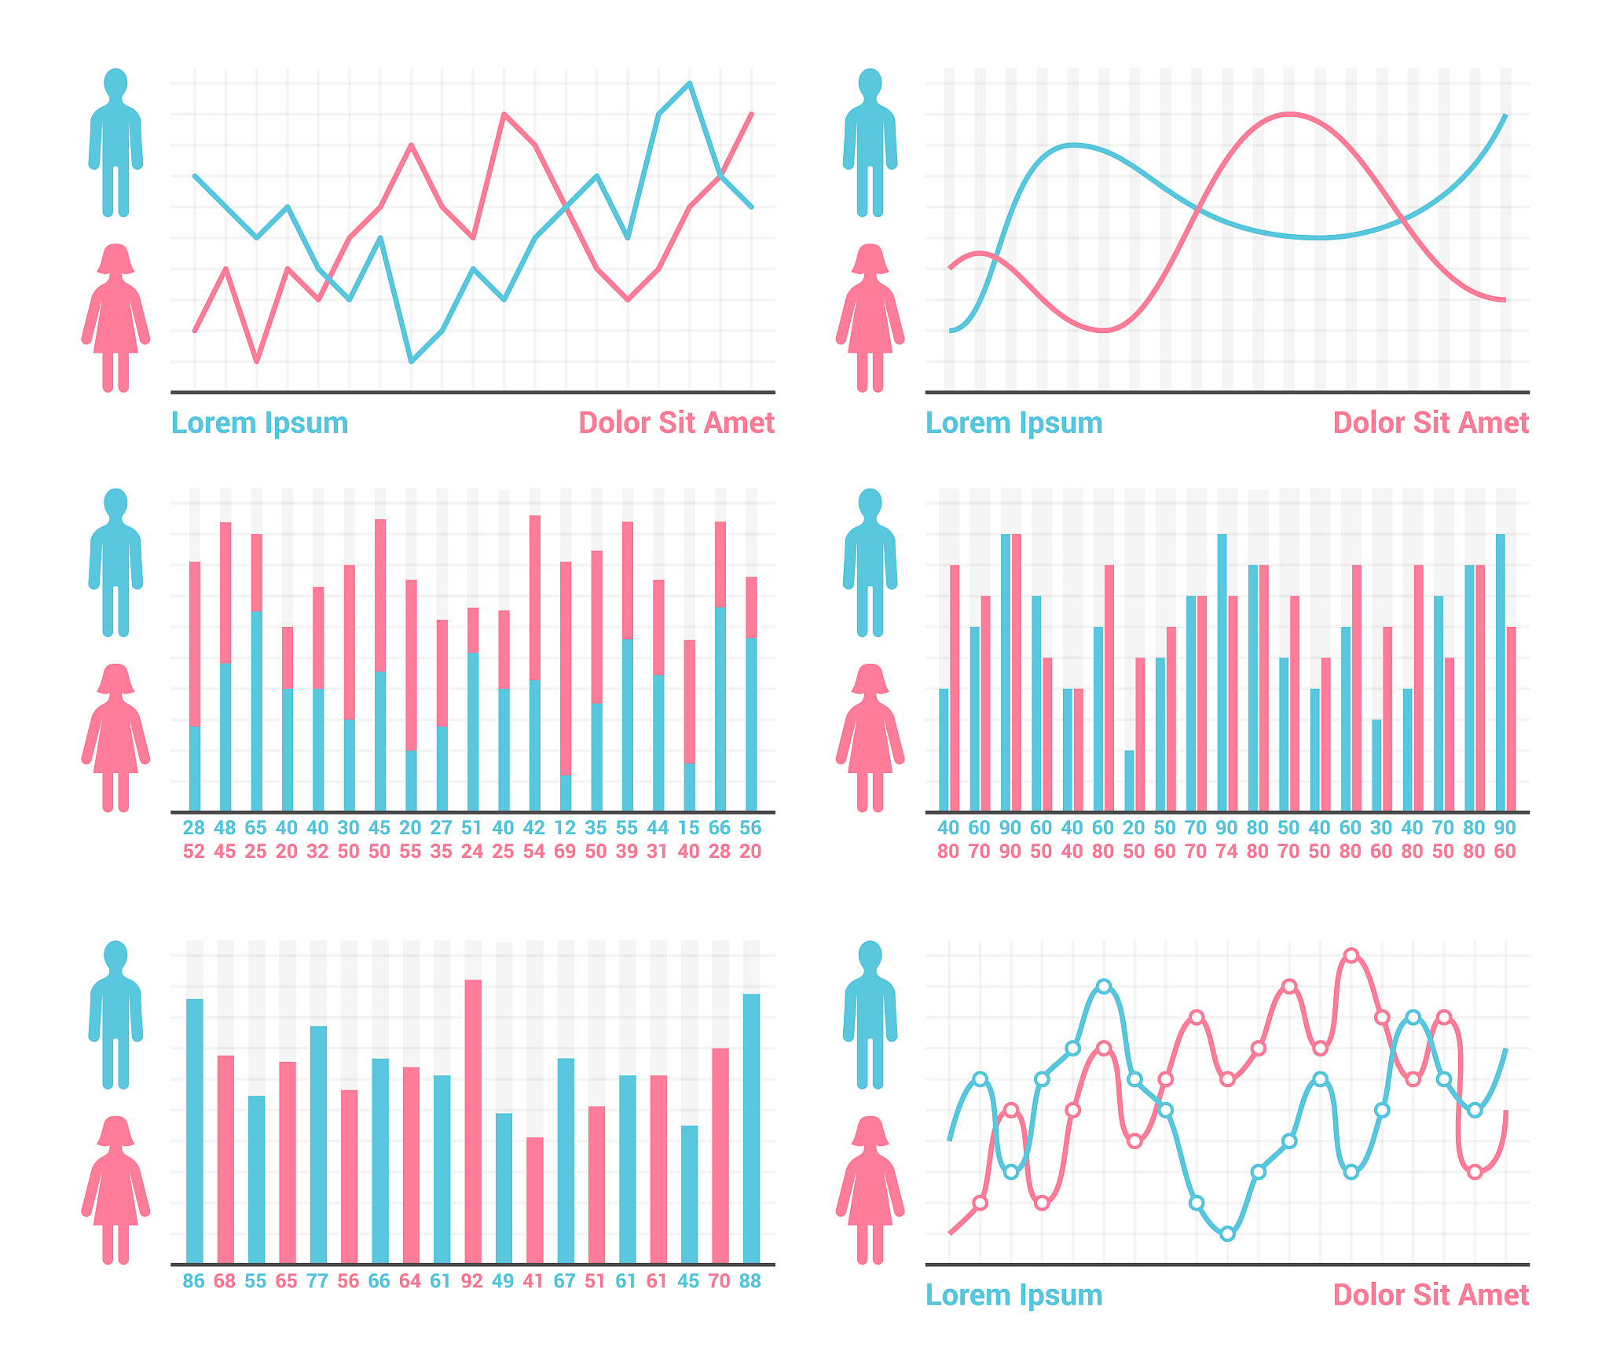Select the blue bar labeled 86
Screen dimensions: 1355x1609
click(194, 1130)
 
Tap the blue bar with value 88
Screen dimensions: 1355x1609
click(751, 1128)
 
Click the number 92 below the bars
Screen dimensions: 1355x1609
click(472, 1281)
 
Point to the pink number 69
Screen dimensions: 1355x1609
click(565, 851)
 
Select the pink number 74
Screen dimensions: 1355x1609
click(1226, 851)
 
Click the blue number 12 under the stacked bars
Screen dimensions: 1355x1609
click(565, 828)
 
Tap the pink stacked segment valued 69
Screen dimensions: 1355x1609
click(565, 668)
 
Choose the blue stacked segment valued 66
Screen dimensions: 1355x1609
click(720, 709)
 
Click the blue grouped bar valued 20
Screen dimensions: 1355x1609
click(1129, 781)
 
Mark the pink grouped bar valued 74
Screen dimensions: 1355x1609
click(1233, 703)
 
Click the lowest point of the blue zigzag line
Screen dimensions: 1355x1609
click(411, 361)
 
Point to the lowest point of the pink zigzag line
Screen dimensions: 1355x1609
click(256, 361)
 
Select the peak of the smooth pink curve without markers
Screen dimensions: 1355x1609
click(1288, 115)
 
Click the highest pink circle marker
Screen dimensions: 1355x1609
click(1351, 955)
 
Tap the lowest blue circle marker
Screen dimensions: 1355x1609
click(1227, 1234)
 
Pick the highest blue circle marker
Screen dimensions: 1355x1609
click(1104, 987)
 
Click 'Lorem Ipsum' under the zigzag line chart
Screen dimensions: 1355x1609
click(259, 423)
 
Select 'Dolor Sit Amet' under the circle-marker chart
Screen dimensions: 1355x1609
click(1431, 1295)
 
